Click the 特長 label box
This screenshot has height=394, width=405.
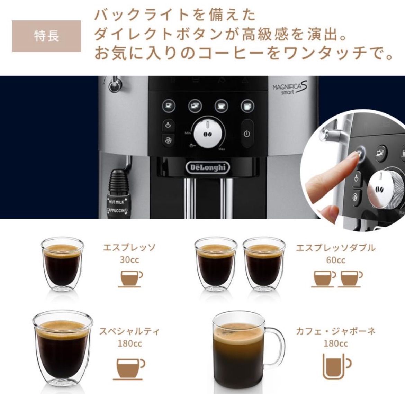tap(46, 36)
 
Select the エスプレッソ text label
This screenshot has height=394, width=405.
tap(129, 248)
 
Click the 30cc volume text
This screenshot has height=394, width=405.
tap(129, 259)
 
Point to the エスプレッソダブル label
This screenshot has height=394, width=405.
tap(335, 248)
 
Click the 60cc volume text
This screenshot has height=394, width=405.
tap(335, 259)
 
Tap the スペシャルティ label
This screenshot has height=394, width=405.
tap(129, 331)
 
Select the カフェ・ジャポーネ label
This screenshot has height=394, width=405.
tap(335, 331)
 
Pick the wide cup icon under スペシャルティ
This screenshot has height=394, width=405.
tap(130, 365)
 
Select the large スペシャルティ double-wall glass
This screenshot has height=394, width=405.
tap(63, 349)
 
